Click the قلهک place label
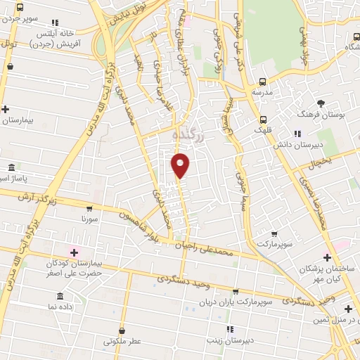tap(263, 129)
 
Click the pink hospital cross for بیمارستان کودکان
tap(72, 252)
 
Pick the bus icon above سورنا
tap(89, 208)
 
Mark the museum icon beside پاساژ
tap(11, 168)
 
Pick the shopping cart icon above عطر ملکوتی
tap(122, 330)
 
